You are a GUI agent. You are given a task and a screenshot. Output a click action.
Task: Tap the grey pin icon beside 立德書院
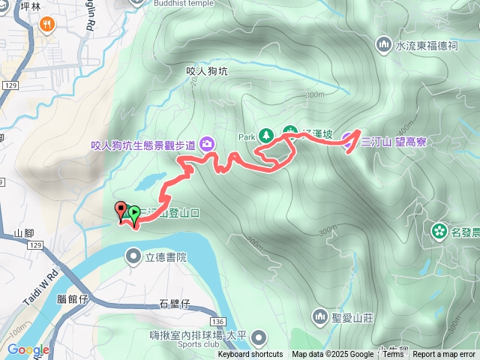pos(134,258)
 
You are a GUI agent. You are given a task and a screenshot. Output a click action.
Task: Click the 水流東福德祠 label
pos(426,46)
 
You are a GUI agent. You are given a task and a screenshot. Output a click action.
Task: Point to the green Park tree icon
pos(265,136)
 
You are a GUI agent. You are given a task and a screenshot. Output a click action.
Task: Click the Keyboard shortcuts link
pos(250,355)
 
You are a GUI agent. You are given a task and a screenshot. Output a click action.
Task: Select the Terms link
pos(393,355)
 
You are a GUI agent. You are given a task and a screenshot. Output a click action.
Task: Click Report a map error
pos(444,355)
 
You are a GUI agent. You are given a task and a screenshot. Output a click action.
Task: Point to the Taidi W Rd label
pos(43,287)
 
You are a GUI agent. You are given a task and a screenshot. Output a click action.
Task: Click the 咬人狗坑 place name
pos(205,71)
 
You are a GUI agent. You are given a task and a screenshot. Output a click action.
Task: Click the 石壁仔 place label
pos(175,304)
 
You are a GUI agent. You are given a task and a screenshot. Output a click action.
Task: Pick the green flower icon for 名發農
pos(439,231)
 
